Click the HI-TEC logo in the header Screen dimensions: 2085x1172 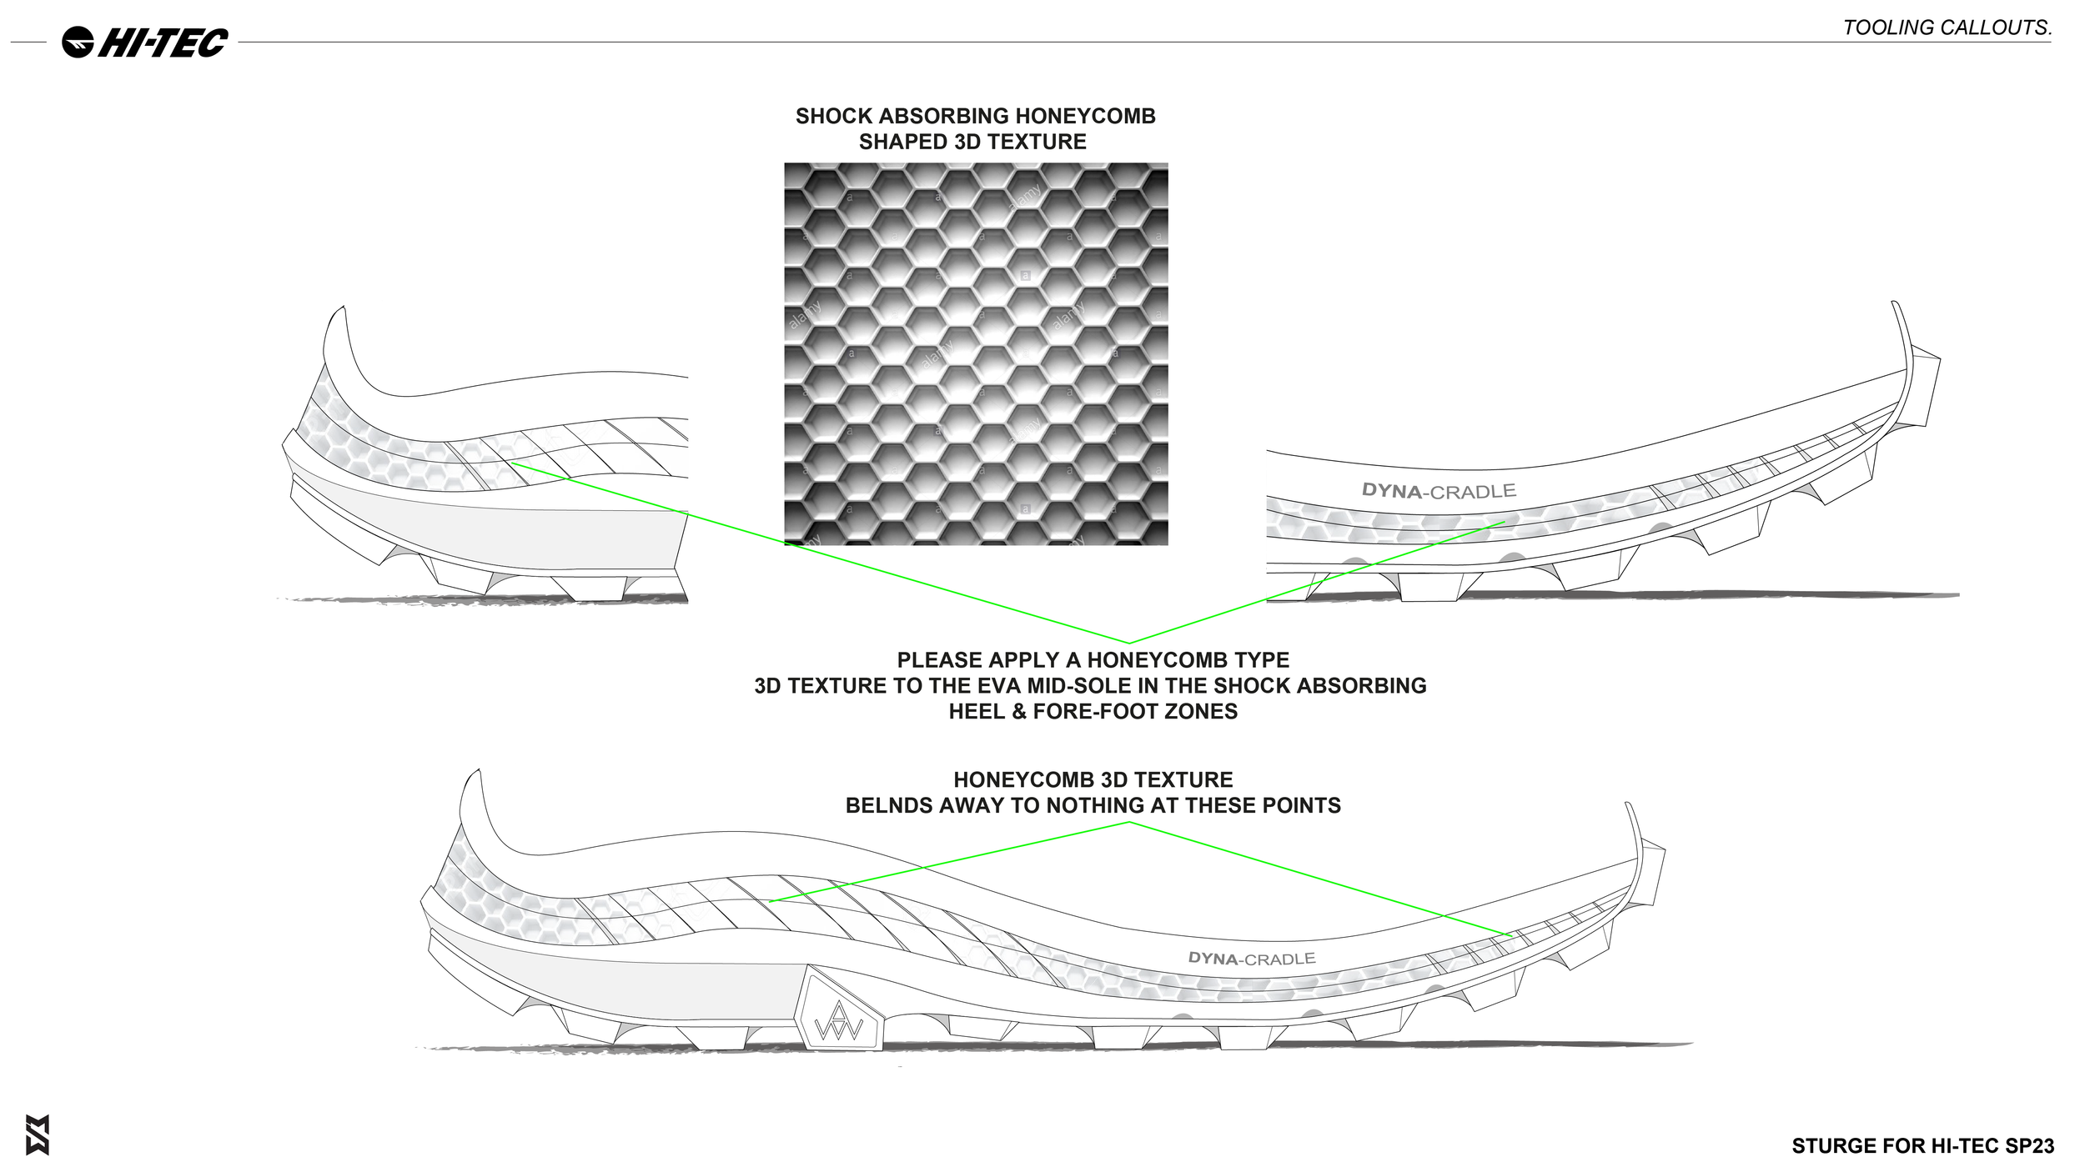coord(145,42)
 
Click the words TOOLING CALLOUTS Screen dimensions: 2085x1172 coord(1947,28)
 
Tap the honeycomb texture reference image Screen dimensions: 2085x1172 coord(976,353)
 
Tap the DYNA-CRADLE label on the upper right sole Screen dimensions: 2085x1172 coord(1438,491)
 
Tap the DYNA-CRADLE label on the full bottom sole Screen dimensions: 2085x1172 coord(1251,959)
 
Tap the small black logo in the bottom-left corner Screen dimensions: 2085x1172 coord(38,1134)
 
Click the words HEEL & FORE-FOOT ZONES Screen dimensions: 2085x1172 coord(1093,711)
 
